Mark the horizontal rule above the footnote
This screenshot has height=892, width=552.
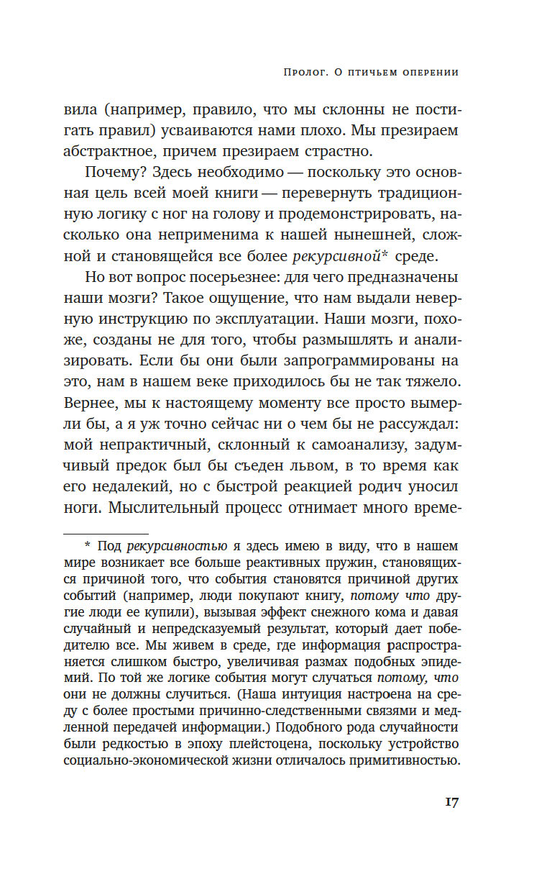pos(106,533)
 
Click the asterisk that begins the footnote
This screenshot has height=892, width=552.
pos(88,546)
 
